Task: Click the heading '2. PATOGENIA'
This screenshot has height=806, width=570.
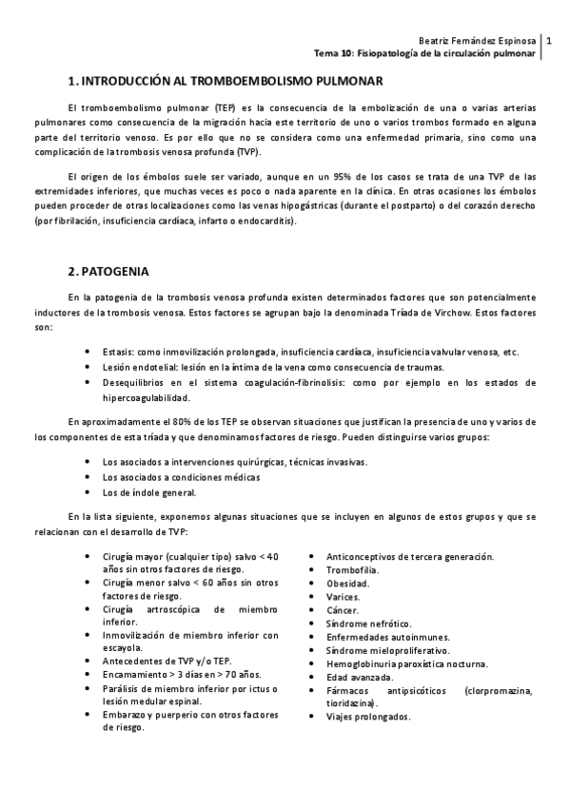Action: coord(108,271)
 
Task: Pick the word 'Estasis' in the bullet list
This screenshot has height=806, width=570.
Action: coord(118,353)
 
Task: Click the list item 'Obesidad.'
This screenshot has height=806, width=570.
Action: coord(348,583)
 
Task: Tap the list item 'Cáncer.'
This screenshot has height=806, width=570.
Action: coord(344,609)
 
